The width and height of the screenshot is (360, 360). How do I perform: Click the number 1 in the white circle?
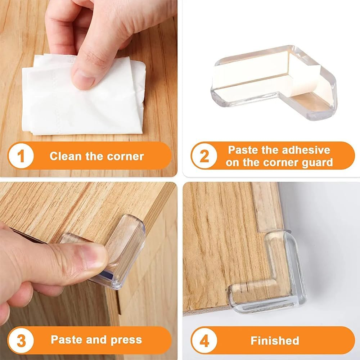point(21,156)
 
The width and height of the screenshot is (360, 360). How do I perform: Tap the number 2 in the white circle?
point(204,156)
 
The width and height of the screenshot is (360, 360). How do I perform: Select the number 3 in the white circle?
point(21,340)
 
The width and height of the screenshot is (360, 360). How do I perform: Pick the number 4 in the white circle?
point(204,340)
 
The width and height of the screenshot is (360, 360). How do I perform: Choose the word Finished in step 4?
point(275,340)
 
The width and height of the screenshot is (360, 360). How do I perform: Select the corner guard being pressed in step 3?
point(119,252)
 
